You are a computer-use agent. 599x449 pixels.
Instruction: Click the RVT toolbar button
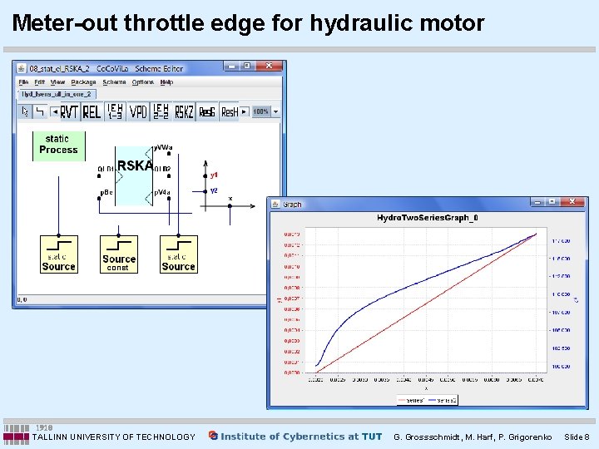pyautogui.click(x=69, y=111)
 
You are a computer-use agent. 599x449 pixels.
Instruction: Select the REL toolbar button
pyautogui.click(x=92, y=111)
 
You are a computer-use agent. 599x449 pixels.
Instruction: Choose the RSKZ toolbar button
pyautogui.click(x=184, y=111)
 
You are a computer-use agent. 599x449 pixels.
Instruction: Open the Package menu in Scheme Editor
pyautogui.click(x=84, y=82)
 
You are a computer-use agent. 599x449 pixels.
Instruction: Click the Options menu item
pyautogui.click(x=143, y=82)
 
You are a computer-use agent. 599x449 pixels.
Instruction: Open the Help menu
pyautogui.click(x=166, y=82)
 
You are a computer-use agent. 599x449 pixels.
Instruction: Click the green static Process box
pyautogui.click(x=58, y=145)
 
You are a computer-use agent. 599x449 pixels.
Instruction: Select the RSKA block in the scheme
pyautogui.click(x=135, y=166)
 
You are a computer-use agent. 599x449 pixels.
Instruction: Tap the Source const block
pyautogui.click(x=118, y=254)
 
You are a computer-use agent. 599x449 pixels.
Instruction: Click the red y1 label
pyautogui.click(x=214, y=175)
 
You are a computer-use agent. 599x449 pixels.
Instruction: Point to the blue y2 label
pyautogui.click(x=214, y=190)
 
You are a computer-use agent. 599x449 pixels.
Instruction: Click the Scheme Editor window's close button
pyautogui.click(x=270, y=67)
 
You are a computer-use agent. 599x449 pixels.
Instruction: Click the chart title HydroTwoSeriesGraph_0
pyautogui.click(x=428, y=219)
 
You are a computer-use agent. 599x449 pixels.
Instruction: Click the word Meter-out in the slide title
pyautogui.click(x=64, y=23)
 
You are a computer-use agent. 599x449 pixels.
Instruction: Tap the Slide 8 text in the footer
pyautogui.click(x=577, y=437)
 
